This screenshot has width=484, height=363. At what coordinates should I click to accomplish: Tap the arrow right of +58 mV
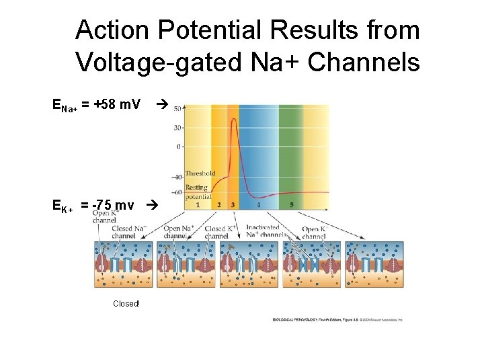160,105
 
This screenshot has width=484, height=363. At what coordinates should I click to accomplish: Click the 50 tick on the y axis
177,108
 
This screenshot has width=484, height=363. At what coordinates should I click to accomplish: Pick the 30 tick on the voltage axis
178,127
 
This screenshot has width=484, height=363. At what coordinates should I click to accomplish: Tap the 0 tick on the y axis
179,146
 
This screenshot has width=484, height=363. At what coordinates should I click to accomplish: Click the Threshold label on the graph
200,173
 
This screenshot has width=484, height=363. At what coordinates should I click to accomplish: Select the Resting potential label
198,192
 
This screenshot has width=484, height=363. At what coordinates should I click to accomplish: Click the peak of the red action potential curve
233,120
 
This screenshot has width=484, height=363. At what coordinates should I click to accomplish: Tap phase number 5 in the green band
291,204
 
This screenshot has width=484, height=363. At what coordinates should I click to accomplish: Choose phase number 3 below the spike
233,204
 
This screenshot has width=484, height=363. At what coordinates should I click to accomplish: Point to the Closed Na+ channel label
129,232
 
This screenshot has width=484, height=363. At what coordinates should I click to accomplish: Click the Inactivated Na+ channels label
262,231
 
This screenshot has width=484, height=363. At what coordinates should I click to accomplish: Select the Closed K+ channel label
216,233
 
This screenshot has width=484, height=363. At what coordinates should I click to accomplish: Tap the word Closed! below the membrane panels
126,304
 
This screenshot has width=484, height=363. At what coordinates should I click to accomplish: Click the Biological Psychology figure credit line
337,319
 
